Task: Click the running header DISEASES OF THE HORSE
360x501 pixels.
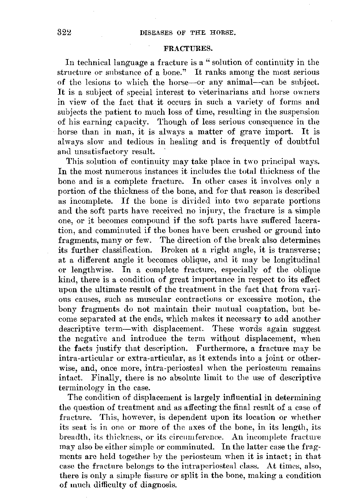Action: [x=187, y=33]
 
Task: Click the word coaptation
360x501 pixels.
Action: [x=255, y=309]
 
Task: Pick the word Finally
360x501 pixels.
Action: [x=106, y=378]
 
